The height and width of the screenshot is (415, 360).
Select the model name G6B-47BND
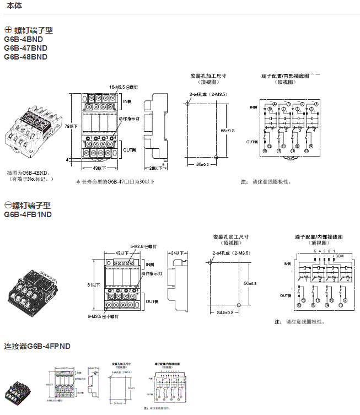coord(25,48)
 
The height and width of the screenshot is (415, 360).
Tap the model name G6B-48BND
coord(25,57)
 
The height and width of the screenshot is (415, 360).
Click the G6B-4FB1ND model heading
coord(28,214)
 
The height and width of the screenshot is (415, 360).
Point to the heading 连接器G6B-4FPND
coord(37,346)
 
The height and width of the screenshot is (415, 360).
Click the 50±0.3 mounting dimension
coord(250,283)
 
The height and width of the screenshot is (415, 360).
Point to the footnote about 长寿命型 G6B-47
coord(115,181)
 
